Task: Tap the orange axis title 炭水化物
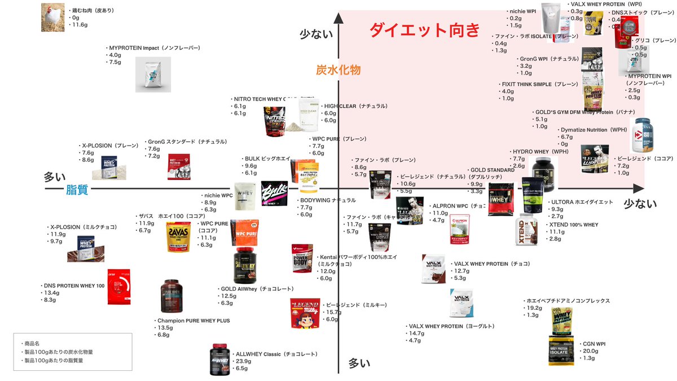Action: [x=338, y=70]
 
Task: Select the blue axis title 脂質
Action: [x=77, y=190]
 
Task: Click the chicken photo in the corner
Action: [x=54, y=17]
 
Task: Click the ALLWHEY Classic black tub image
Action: [x=220, y=360]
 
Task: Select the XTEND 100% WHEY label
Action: [x=574, y=225]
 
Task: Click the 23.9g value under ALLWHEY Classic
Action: [x=244, y=361]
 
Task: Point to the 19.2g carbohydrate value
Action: [x=534, y=308]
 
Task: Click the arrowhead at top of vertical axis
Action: [x=338, y=17]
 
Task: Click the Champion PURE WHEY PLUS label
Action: [x=194, y=321]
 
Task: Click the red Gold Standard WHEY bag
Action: [x=500, y=199]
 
